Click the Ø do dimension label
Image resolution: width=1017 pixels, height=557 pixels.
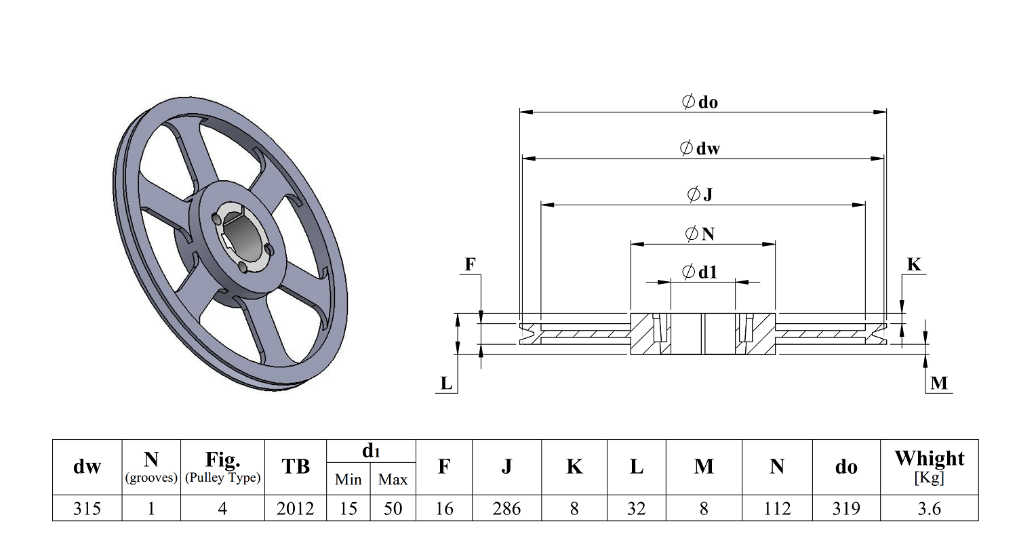click(700, 102)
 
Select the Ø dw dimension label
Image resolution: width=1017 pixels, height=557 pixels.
click(700, 148)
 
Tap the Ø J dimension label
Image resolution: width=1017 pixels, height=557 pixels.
click(700, 195)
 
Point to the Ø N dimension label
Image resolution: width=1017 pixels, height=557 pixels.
click(700, 234)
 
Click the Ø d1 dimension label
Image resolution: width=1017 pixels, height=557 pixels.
click(700, 272)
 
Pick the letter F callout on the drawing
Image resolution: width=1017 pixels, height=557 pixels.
click(470, 264)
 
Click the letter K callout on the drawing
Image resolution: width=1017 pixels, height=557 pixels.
click(914, 264)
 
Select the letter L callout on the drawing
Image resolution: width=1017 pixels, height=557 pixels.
click(446, 384)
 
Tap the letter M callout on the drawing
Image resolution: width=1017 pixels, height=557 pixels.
click(939, 383)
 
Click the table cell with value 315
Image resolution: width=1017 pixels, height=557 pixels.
click(87, 508)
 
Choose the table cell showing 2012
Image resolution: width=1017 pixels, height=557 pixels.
click(295, 508)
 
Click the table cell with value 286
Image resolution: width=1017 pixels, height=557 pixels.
click(506, 508)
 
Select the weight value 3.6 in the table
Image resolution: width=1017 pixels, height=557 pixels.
click(929, 508)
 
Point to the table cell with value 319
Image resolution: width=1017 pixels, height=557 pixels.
click(845, 508)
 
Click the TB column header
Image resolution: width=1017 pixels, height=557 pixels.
click(295, 467)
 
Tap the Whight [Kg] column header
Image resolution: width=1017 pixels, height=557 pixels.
click(929, 467)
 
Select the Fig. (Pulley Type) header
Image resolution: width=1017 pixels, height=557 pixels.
click(222, 467)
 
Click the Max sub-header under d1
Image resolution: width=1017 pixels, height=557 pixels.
click(393, 480)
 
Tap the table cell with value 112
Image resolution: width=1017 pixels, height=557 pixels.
click(777, 508)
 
